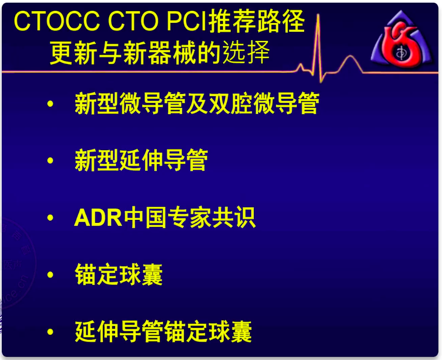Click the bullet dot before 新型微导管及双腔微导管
tap(50, 104)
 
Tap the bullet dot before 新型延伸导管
tap(50, 160)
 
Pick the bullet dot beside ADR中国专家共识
tap(50, 218)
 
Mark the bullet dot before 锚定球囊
tap(50, 274)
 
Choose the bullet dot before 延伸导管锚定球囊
tap(50, 332)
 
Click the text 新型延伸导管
tap(141, 160)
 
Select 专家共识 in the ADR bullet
tap(212, 218)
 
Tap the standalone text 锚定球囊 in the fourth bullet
tap(119, 274)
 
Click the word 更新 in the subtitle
tap(71, 53)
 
